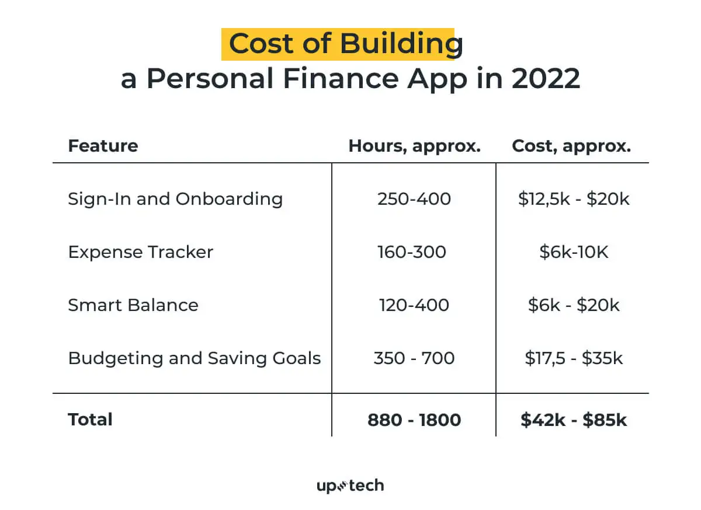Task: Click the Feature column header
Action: (x=103, y=146)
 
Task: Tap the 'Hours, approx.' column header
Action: (x=414, y=146)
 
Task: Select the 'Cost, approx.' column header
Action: (x=571, y=146)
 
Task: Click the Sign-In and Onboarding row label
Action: (x=175, y=199)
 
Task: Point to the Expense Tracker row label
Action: (x=140, y=252)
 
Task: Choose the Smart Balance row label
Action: (x=133, y=305)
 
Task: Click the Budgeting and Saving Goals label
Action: (x=195, y=358)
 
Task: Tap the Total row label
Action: (x=90, y=420)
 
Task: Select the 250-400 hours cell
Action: (x=414, y=199)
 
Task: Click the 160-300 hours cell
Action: (x=412, y=252)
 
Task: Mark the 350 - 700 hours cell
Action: (x=414, y=358)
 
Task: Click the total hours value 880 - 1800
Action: (x=414, y=420)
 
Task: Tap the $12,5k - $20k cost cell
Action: (x=574, y=199)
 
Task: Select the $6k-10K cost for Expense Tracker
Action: (x=574, y=252)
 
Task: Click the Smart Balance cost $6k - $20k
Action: (x=574, y=305)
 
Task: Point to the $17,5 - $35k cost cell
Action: (x=574, y=358)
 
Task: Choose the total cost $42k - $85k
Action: (x=574, y=420)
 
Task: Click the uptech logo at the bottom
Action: (x=350, y=485)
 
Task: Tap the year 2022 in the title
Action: (x=546, y=79)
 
